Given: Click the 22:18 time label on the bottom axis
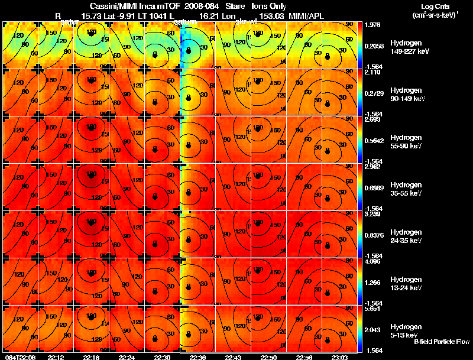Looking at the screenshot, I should [92, 357].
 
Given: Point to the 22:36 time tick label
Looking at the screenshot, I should [197, 357].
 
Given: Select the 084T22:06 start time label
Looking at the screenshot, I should [20, 357].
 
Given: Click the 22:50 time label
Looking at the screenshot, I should [268, 357].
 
